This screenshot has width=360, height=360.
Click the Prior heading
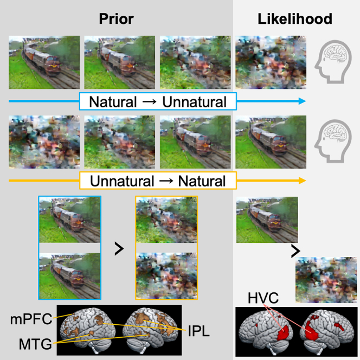coord(116,19)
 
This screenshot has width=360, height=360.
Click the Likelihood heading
coord(296,19)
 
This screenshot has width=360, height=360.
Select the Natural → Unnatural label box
coord(157,101)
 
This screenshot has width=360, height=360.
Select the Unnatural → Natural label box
coord(157,180)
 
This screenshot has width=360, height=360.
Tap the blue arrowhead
coord(301,101)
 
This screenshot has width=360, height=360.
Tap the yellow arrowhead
coord(301,180)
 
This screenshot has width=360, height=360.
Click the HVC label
coord(263,298)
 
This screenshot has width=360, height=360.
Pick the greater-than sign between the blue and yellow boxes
coord(119,248)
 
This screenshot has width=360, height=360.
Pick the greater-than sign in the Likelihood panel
coord(295,250)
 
